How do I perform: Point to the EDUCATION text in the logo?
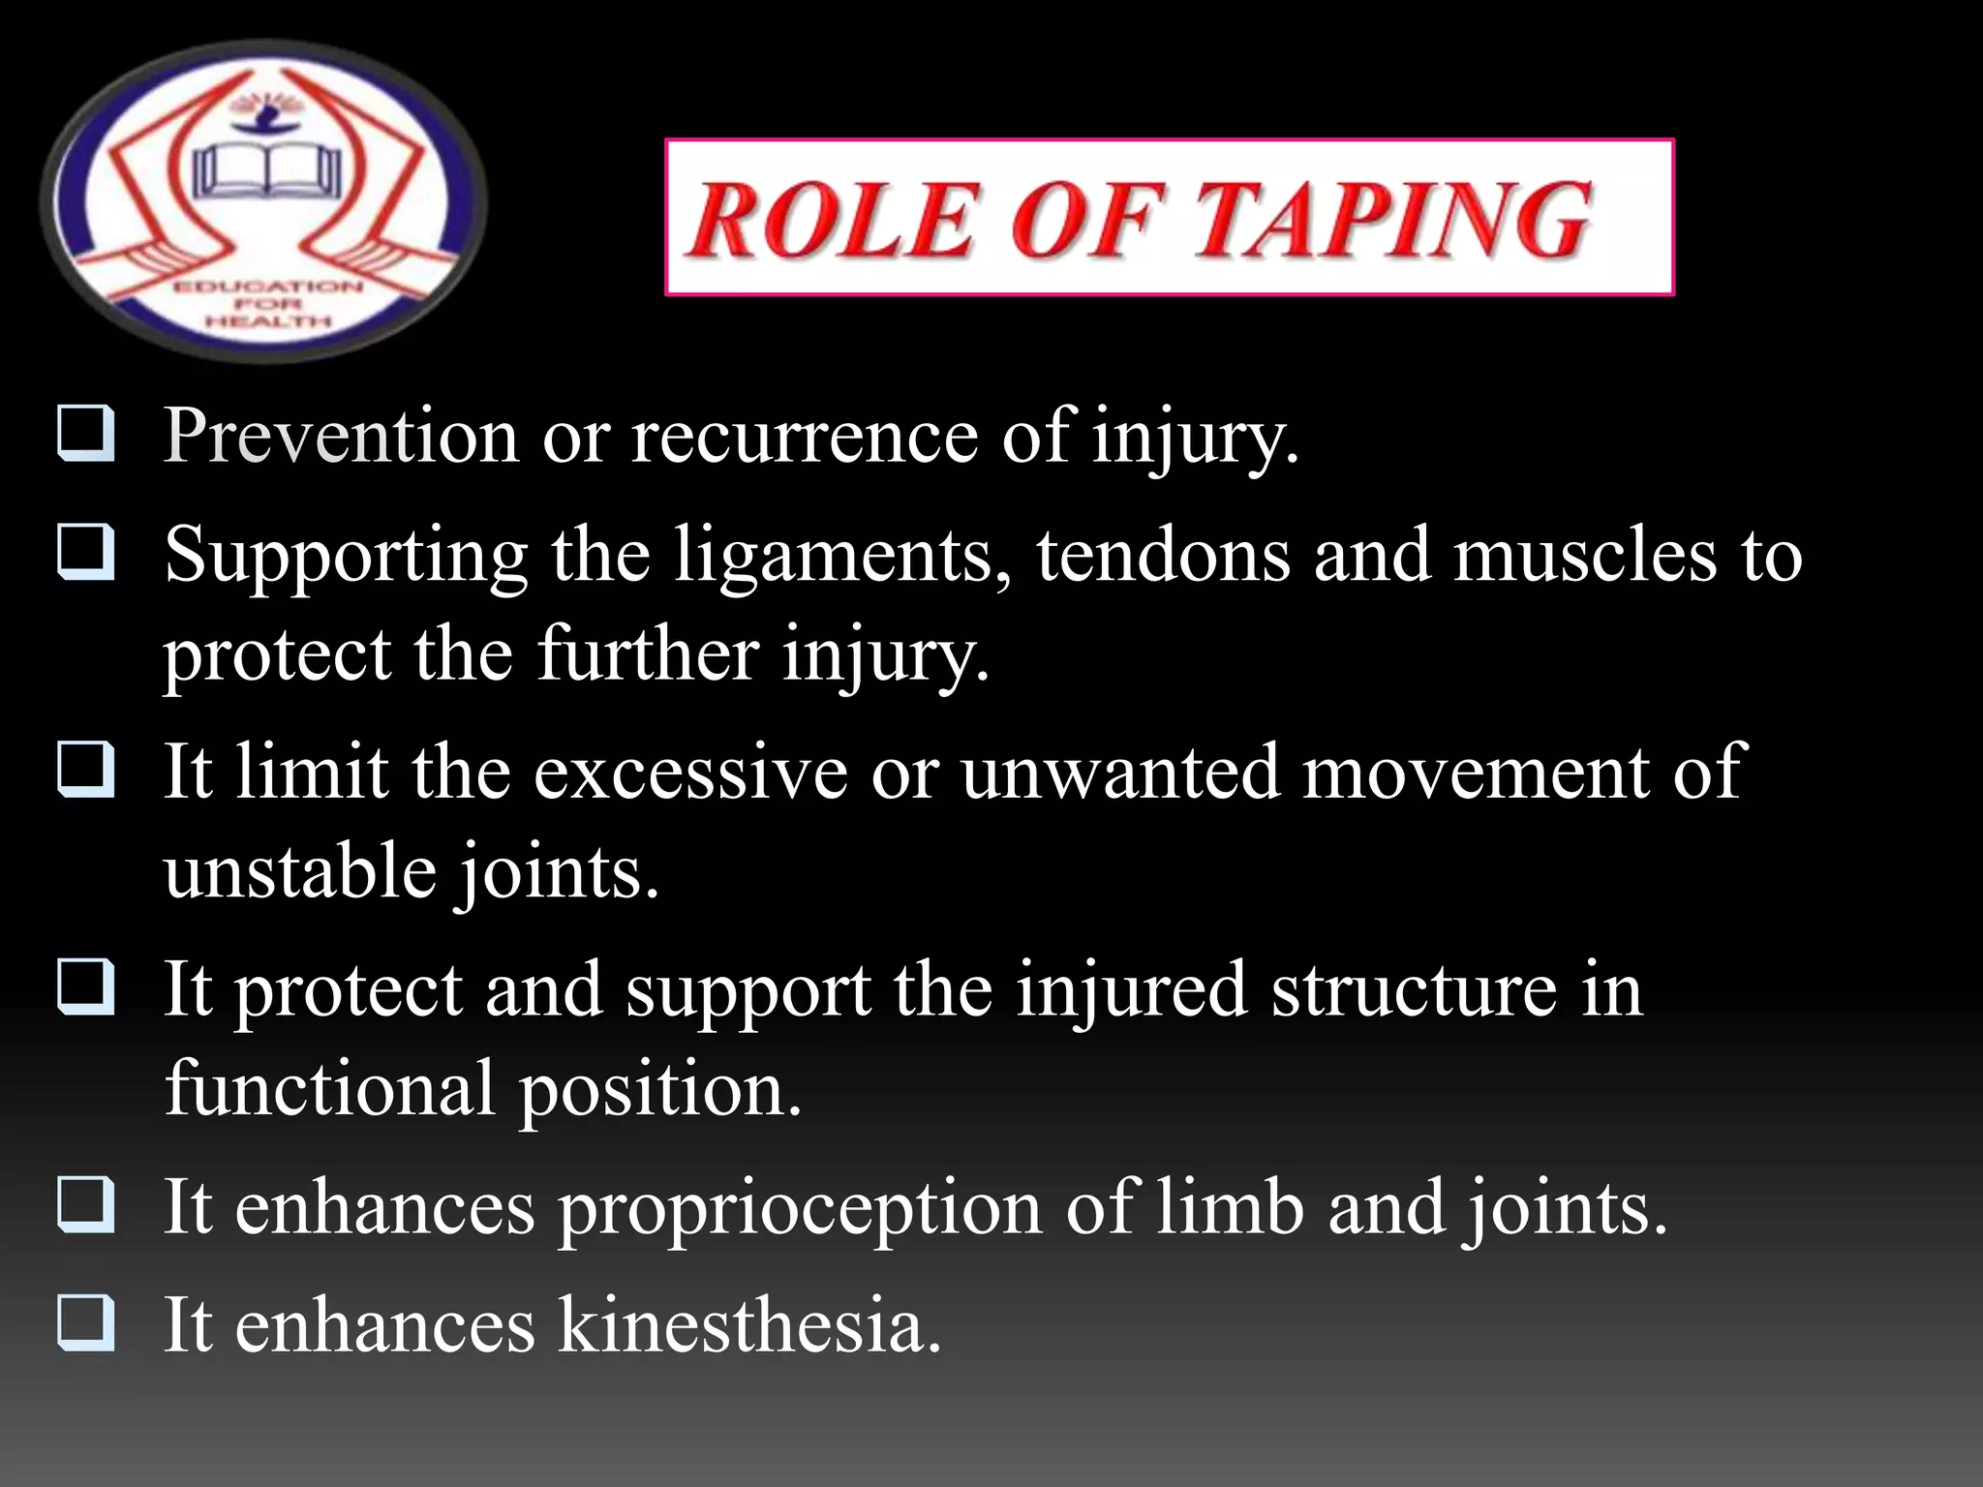tap(267, 287)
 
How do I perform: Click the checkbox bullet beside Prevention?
tap(86, 435)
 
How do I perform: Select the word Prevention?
tap(340, 437)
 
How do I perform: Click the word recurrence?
tap(805, 437)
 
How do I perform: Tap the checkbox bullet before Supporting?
tap(86, 554)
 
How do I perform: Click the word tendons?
tap(1162, 557)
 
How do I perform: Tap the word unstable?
tap(300, 871)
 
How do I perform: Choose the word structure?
tap(1414, 990)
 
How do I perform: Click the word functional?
tap(329, 1089)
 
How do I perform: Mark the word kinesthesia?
tap(748, 1325)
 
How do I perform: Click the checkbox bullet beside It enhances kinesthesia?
tap(86, 1323)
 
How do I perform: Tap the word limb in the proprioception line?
tap(1230, 1208)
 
